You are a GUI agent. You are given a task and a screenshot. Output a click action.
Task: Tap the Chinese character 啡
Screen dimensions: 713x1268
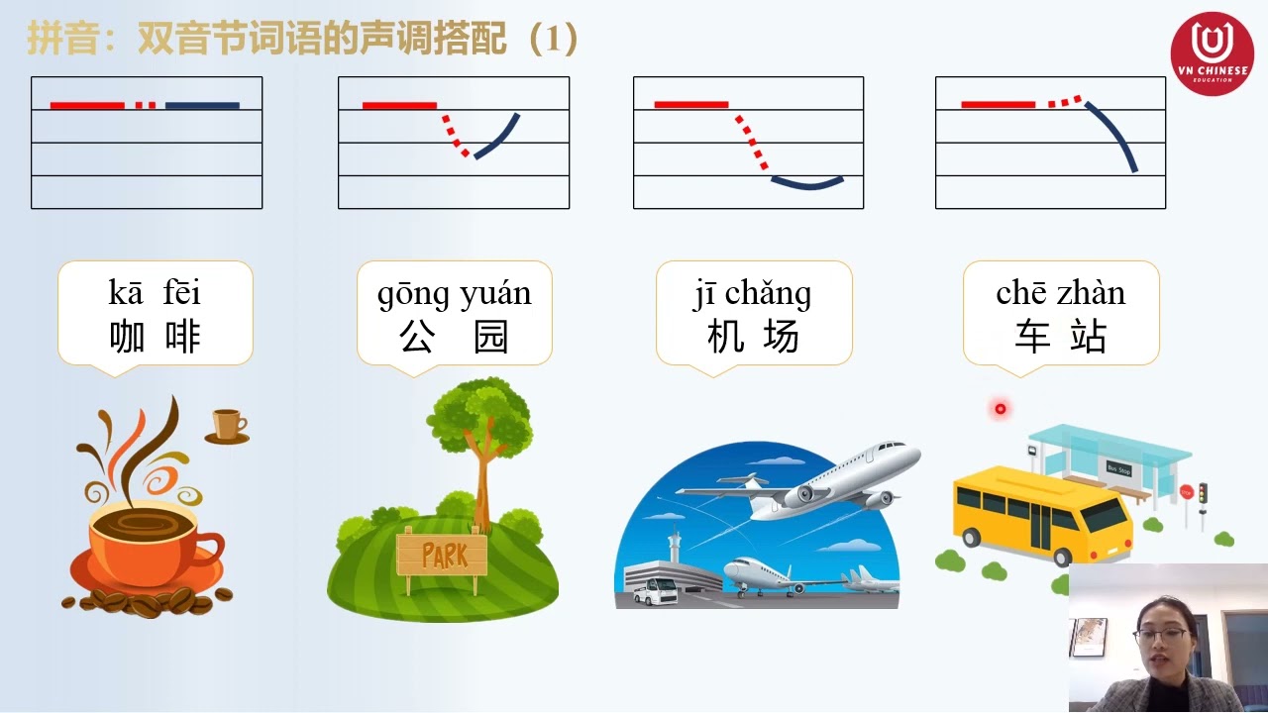tap(181, 338)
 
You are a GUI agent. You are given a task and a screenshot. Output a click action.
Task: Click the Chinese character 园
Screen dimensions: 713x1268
tap(491, 338)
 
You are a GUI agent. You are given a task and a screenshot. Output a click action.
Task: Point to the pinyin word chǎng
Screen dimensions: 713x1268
tap(768, 295)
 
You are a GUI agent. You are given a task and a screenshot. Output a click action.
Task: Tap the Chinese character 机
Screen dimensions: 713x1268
tap(725, 338)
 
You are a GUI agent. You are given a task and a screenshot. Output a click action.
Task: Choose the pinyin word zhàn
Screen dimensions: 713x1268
tap(1091, 293)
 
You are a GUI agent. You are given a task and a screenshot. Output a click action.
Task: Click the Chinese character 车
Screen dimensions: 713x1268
tap(1032, 338)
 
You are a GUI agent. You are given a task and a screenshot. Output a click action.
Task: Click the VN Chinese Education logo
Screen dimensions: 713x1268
tap(1212, 52)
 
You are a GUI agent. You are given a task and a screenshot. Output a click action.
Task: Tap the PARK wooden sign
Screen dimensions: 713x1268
tap(442, 554)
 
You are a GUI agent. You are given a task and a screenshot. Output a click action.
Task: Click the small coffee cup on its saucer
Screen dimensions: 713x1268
tap(228, 425)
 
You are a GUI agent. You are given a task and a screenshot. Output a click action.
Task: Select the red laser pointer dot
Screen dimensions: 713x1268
tap(1001, 408)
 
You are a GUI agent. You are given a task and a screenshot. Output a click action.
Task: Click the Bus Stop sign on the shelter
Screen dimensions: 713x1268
tap(1118, 467)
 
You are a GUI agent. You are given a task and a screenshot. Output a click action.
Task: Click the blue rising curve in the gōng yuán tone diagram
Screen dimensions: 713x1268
tap(497, 137)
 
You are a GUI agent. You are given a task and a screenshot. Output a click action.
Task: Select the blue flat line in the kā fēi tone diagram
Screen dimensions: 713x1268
tap(202, 105)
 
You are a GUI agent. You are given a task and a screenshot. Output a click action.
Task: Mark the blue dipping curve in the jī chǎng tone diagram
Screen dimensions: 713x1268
tap(807, 183)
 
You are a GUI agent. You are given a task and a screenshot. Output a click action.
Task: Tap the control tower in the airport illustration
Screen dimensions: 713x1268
tap(675, 545)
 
